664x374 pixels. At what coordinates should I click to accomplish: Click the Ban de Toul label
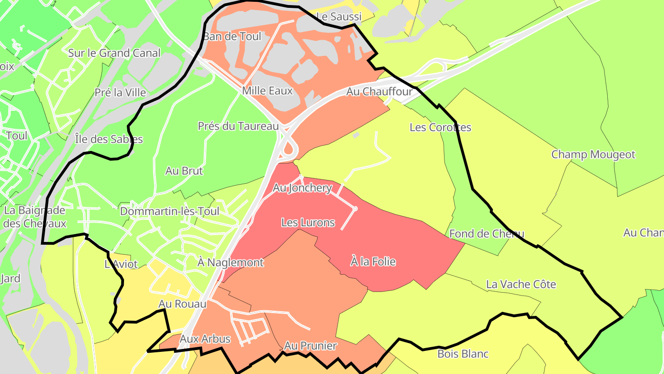(232, 36)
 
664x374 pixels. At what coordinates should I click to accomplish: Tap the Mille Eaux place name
(267, 90)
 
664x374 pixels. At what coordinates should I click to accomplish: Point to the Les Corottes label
(440, 127)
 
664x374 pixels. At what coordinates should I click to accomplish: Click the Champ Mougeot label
(593, 154)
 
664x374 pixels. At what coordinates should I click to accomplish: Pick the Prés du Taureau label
(238, 126)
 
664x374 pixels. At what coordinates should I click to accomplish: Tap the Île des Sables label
(108, 139)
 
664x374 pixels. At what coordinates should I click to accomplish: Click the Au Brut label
(184, 171)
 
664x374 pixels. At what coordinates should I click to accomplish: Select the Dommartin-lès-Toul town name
(169, 211)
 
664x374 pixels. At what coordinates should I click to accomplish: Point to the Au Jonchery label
(302, 188)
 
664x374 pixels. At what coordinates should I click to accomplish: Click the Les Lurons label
(308, 223)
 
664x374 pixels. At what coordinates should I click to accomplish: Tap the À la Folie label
(373, 262)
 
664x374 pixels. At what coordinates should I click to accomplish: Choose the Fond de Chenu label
(486, 234)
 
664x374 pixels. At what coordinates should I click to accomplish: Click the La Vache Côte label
(521, 284)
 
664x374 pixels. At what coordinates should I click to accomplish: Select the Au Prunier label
(310, 346)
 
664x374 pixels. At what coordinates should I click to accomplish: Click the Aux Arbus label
(205, 339)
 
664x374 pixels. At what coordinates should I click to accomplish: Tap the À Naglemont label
(230, 263)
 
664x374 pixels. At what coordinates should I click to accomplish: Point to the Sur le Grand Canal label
(114, 53)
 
